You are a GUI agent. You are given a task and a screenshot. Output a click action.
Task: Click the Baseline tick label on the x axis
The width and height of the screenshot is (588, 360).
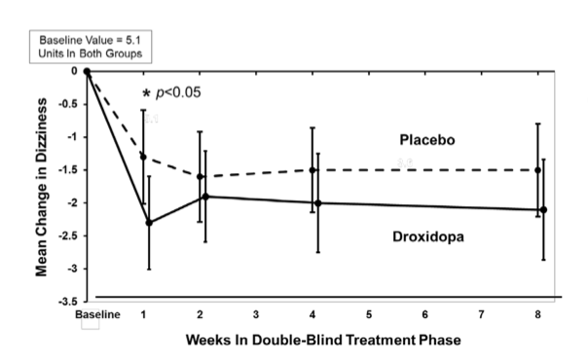[96, 315]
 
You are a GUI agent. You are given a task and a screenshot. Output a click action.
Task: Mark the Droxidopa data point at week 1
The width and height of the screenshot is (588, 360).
[148, 223]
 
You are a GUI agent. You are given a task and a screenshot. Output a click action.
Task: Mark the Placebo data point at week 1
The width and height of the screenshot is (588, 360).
[143, 157]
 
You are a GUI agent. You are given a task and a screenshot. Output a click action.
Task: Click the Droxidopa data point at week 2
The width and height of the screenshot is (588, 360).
[204, 197]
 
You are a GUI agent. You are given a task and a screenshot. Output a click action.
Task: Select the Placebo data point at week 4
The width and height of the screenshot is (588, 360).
[312, 170]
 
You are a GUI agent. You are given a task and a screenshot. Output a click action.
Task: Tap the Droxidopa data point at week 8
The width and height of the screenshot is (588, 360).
[542, 209]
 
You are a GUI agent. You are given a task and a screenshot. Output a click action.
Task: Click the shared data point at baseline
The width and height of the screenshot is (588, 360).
[88, 71]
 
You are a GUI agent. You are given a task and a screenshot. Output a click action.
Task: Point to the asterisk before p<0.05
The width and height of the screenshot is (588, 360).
[146, 93]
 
